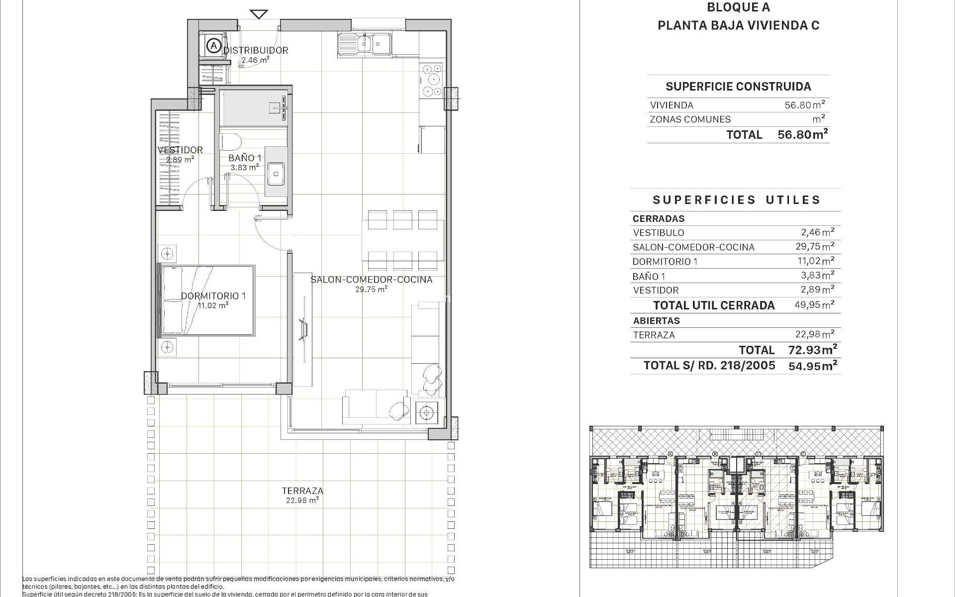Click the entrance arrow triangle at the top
click(x=259, y=13)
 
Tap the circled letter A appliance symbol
click(x=213, y=46)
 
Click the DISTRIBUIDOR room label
click(x=256, y=50)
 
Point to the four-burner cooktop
click(x=431, y=80)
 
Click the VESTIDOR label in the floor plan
click(x=180, y=150)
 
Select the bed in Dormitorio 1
click(x=206, y=300)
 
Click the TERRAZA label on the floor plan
click(x=302, y=491)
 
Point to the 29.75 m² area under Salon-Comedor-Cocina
click(x=372, y=289)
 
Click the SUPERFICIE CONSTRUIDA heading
click(x=738, y=87)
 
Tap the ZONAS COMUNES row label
click(x=690, y=119)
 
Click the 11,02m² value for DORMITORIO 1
click(x=814, y=261)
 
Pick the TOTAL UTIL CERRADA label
click(x=714, y=305)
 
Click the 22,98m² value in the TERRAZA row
click(x=814, y=334)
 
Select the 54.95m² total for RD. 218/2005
click(x=812, y=366)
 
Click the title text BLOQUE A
click(x=738, y=7)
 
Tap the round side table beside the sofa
click(x=426, y=412)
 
